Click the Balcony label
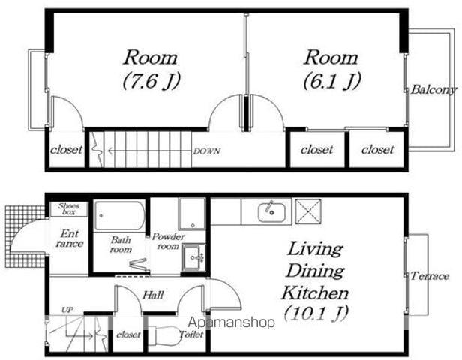[x=433, y=89]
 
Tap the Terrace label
[x=430, y=276]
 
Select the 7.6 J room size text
[x=151, y=81]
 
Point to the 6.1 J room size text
[x=332, y=81]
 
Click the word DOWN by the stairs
[x=207, y=151]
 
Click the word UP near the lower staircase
[x=67, y=310]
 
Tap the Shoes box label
[x=69, y=208]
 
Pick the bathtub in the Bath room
[x=120, y=216]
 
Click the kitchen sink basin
[x=271, y=212]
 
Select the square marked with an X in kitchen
[x=308, y=211]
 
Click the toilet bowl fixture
[x=163, y=335]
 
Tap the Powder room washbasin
[x=193, y=257]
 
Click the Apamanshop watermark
[x=231, y=322]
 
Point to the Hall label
[x=153, y=295]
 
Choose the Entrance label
[x=70, y=238]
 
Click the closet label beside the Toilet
[x=128, y=334]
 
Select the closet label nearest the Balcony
[x=378, y=150]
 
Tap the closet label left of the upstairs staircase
[x=66, y=150]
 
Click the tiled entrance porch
[x=25, y=236]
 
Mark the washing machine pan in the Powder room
[x=192, y=214]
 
